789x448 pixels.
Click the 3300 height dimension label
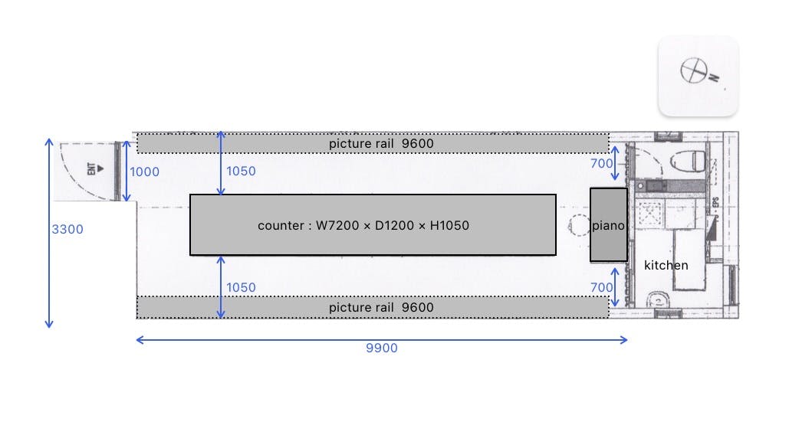(67, 229)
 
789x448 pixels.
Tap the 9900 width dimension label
(381, 348)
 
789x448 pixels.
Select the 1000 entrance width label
(144, 172)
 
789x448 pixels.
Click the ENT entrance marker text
(91, 170)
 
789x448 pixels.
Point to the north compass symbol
(693, 70)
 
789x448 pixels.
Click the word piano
(609, 226)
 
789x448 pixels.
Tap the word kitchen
(666, 265)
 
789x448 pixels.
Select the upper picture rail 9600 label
(381, 143)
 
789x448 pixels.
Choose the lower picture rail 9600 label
(381, 307)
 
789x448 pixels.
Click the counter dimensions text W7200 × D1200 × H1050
(363, 226)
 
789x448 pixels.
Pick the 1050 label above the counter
(241, 172)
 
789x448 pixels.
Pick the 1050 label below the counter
(241, 287)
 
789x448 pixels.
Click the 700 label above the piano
(602, 163)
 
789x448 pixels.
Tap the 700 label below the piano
(602, 287)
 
